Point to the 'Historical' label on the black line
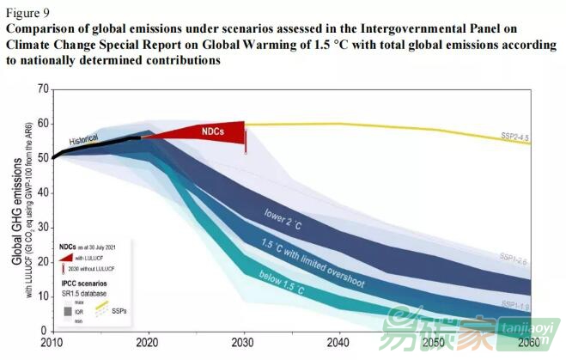coord(84,139)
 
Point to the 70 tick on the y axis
coord(41,88)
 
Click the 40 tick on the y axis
coord(41,192)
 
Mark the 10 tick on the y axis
coord(41,296)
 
